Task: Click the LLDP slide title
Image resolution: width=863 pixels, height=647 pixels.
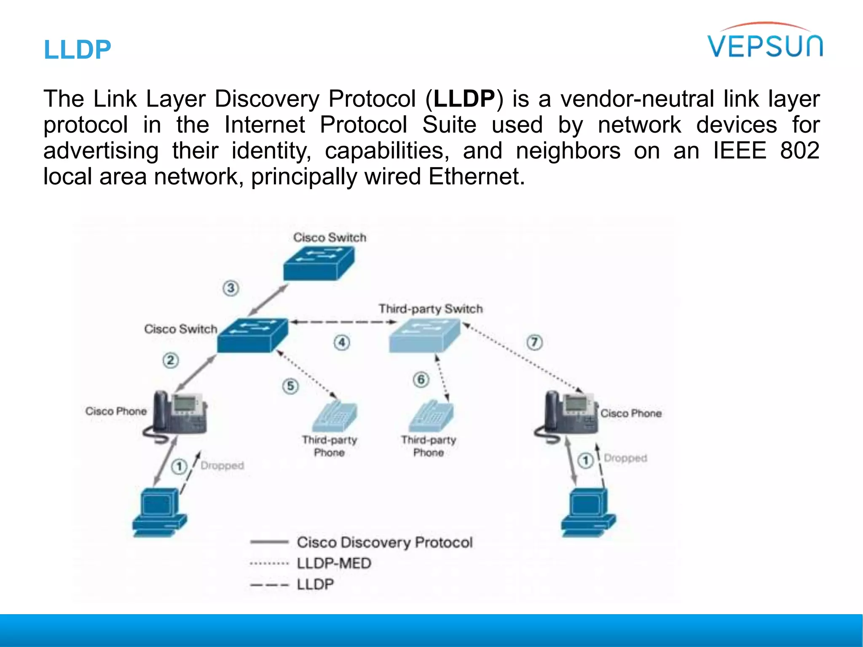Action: click(78, 50)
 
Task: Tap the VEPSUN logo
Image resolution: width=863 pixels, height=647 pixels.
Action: click(765, 42)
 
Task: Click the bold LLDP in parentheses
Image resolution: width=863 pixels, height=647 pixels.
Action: click(464, 99)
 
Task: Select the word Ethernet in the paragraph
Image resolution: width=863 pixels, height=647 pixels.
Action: click(476, 176)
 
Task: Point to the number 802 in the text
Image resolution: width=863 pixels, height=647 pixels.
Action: click(799, 150)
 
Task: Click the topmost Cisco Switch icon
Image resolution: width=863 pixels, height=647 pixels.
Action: click(319, 263)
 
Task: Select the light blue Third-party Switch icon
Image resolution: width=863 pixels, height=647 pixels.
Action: click(424, 335)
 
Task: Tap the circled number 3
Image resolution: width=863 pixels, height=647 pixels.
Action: click(230, 289)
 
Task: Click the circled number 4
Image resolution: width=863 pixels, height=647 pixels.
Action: click(342, 342)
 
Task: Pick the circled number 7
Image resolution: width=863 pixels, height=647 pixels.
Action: click(534, 342)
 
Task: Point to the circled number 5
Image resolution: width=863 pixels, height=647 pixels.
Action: click(290, 386)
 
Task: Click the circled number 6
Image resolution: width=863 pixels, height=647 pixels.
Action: click(421, 380)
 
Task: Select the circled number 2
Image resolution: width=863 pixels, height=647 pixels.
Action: click(171, 361)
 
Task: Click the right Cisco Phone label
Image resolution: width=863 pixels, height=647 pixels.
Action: click(631, 414)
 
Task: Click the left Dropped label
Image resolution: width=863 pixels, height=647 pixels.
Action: click(222, 465)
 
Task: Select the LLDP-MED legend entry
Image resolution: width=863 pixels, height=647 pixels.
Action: click(334, 564)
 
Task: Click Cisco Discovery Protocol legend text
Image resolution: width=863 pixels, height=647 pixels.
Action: click(384, 543)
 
